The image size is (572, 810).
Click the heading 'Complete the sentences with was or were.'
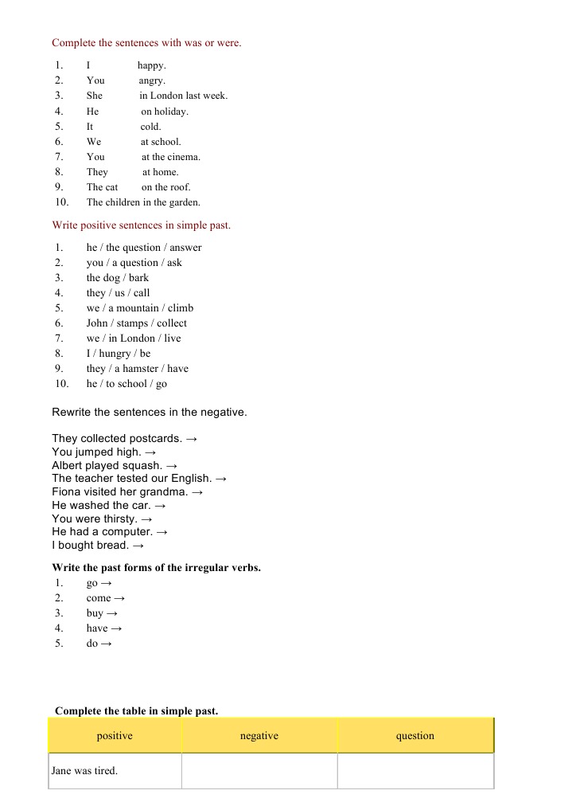146,43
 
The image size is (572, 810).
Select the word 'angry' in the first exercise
151,80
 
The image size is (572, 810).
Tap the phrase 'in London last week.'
189,96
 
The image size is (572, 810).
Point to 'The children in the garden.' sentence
143,202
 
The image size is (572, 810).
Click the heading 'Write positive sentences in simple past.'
141,225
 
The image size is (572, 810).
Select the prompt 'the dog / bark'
117,278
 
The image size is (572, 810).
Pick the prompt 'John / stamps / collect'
136,323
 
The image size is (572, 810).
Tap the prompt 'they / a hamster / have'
137,369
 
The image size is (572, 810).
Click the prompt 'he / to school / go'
126,384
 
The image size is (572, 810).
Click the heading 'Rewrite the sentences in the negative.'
149,413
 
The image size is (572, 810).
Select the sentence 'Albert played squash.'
107,465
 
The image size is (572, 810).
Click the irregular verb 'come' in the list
99,598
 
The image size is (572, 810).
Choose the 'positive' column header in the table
115,736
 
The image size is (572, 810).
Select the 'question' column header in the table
415,736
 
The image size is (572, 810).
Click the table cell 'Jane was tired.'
84,771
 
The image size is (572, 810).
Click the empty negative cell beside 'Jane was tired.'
259,771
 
